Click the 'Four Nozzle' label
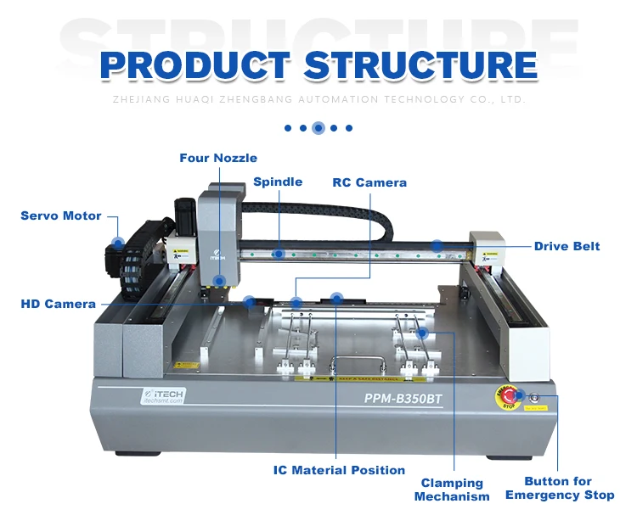click(x=218, y=158)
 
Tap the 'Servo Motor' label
click(x=61, y=216)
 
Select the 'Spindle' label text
click(x=278, y=182)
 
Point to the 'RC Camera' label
click(x=369, y=182)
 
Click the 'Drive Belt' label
click(x=567, y=246)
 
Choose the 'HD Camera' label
click(x=59, y=304)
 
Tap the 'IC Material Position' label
click(x=339, y=469)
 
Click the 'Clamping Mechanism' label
click(x=452, y=490)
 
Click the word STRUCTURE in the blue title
click(x=420, y=65)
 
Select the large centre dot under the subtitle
click(x=318, y=128)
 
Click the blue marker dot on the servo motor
click(x=118, y=243)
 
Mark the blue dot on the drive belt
click(x=437, y=245)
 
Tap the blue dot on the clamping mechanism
click(x=422, y=333)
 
